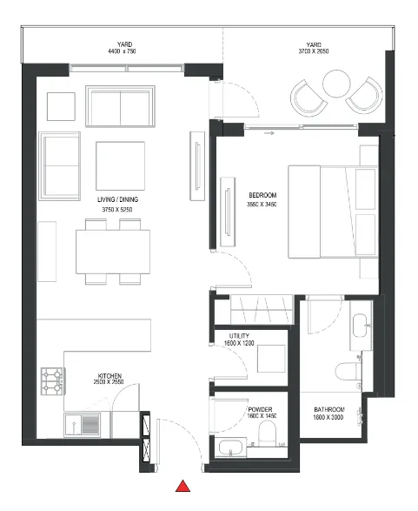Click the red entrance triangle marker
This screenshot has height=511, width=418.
coord(183,487)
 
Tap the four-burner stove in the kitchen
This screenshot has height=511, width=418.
coord(51,379)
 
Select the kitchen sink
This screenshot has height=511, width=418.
coord(90,425)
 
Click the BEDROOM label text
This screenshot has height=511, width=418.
coord(262,194)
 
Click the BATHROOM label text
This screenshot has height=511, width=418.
coord(330,409)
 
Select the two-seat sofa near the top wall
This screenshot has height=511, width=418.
coord(122,106)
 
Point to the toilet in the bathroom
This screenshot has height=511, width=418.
coord(357,371)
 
